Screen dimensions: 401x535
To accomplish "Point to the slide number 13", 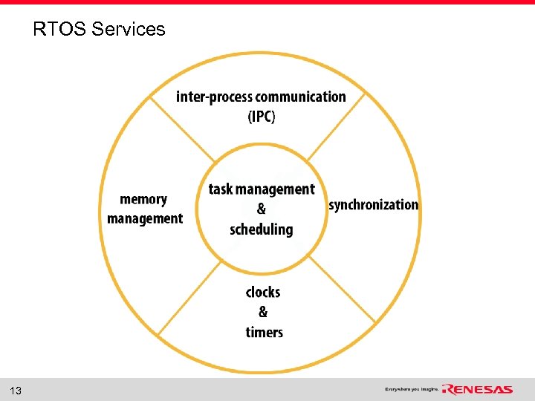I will pyautogui.click(x=16, y=391).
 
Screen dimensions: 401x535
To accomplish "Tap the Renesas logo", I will pyautogui.click(x=477, y=390).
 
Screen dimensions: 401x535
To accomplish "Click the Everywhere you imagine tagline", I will pyautogui.click(x=412, y=390).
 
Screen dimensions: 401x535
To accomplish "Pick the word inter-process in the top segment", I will pyautogui.click(x=214, y=97).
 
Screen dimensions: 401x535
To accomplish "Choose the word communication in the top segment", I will pyautogui.click(x=300, y=97).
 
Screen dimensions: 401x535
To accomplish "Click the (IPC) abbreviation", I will pyautogui.click(x=261, y=117).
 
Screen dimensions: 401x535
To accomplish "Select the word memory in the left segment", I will pyautogui.click(x=143, y=199).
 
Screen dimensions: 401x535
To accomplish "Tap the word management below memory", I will pyautogui.click(x=145, y=218).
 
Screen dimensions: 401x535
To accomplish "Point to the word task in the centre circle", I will pyautogui.click(x=221, y=189).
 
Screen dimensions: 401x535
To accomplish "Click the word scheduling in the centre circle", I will pyautogui.click(x=262, y=229).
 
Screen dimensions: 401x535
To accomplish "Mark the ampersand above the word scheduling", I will pyautogui.click(x=262, y=209).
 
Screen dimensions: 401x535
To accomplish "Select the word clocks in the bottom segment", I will pyautogui.click(x=263, y=292).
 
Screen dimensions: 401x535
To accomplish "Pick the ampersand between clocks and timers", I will pyautogui.click(x=263, y=312).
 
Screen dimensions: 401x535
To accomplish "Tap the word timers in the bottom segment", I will pyautogui.click(x=265, y=332).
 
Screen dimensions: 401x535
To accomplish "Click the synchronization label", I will pyautogui.click(x=373, y=205).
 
